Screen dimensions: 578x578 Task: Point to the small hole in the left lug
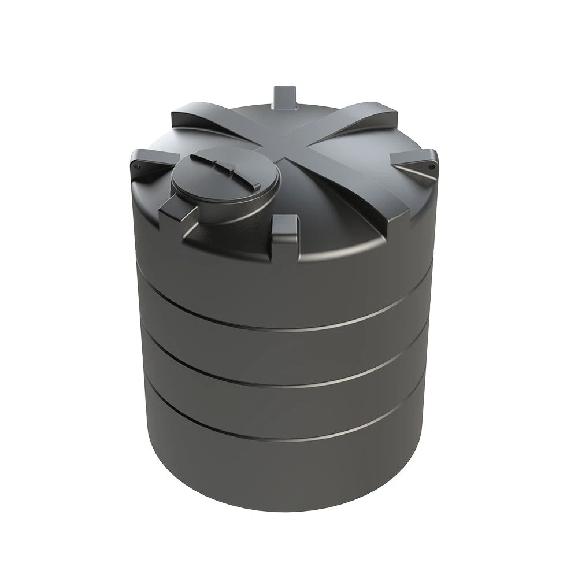pyautogui.click(x=138, y=167)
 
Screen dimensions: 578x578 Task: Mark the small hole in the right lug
pyautogui.click(x=431, y=165)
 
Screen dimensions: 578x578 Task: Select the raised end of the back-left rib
pyautogui.click(x=191, y=116)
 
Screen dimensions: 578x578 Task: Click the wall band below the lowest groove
pyautogui.click(x=289, y=480)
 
